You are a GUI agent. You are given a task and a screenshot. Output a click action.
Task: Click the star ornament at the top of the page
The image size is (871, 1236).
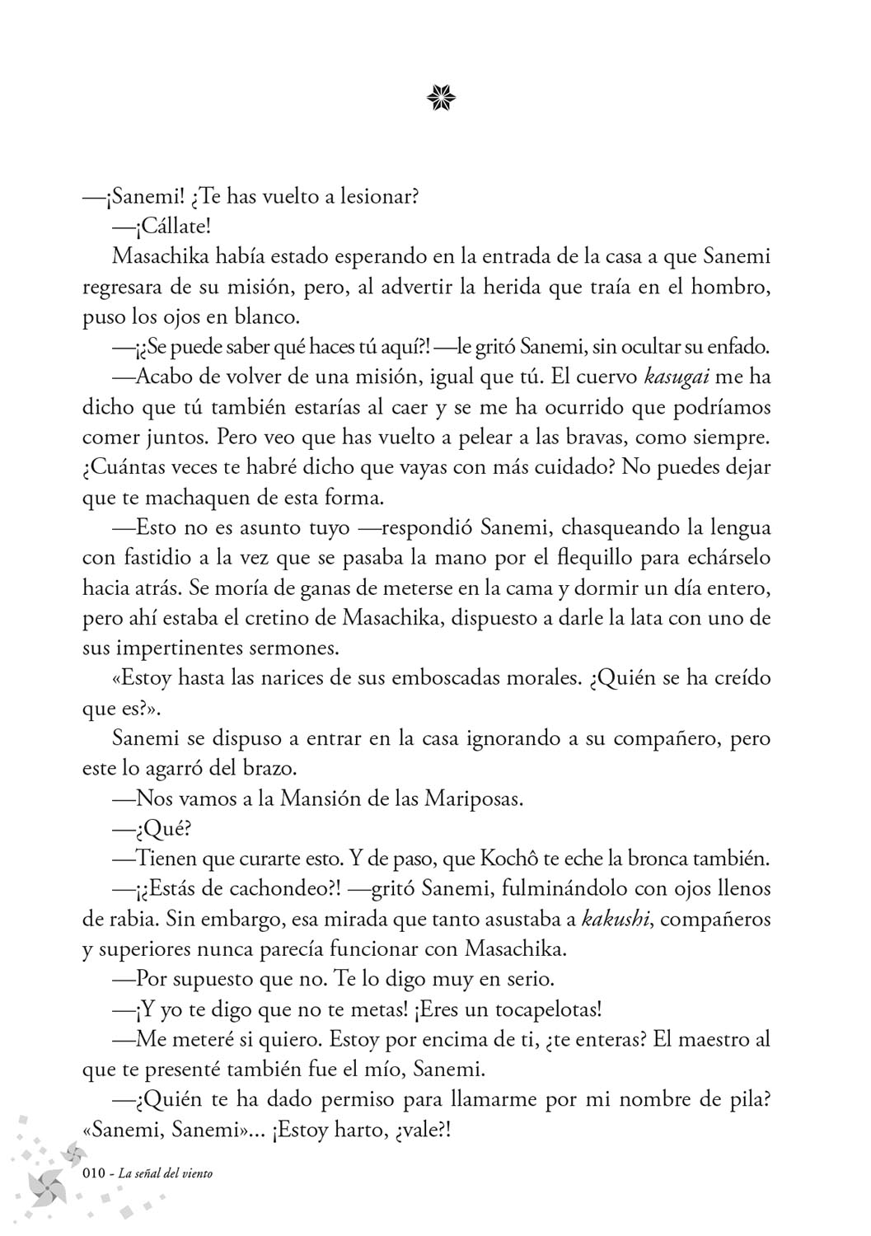coord(442,99)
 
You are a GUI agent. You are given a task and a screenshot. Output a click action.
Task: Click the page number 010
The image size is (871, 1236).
coord(96,1173)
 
